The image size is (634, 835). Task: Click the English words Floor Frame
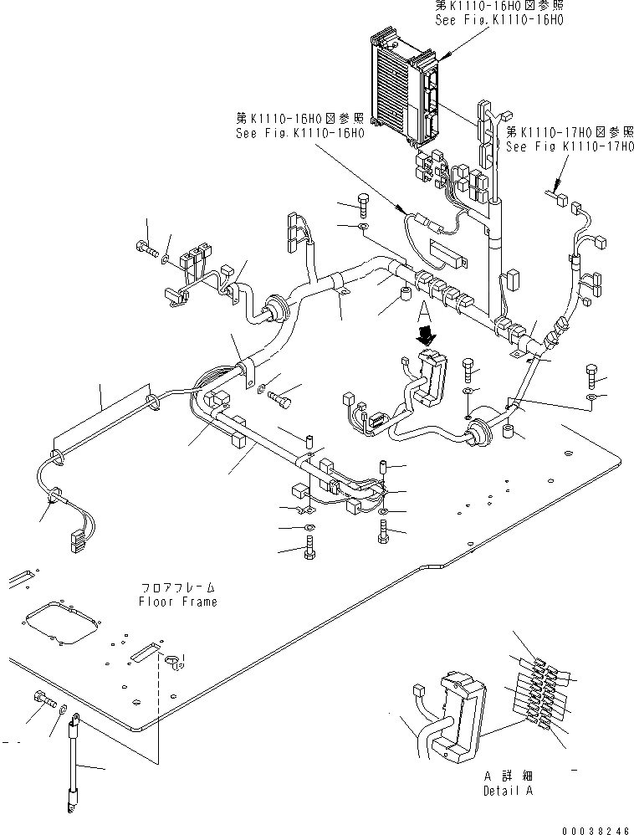click(177, 602)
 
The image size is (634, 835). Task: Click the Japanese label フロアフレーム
click(177, 588)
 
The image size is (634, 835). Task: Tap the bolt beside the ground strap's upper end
click(43, 698)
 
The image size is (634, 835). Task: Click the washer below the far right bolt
click(592, 397)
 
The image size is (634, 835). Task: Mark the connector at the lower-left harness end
click(77, 541)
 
